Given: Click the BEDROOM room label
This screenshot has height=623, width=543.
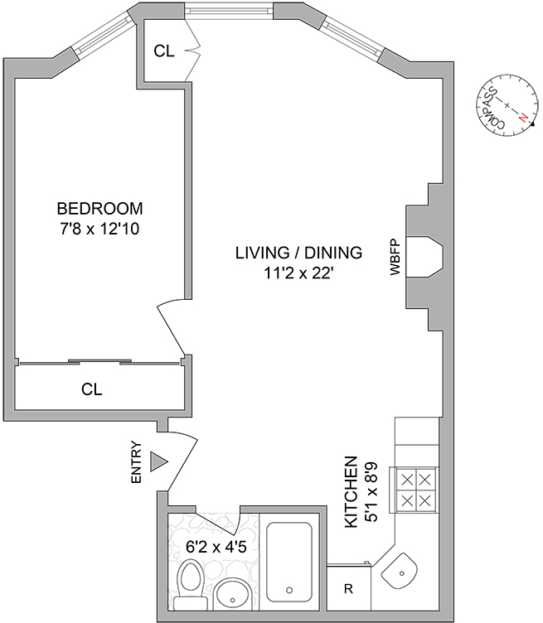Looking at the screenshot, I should click(99, 208).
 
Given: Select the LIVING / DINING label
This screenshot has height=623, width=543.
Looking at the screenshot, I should click(298, 253).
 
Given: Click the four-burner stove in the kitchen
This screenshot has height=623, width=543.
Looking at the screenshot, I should click(416, 490).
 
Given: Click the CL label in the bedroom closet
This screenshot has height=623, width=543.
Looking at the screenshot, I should click(91, 389).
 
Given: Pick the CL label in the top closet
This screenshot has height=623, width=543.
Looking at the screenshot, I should click(164, 51).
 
